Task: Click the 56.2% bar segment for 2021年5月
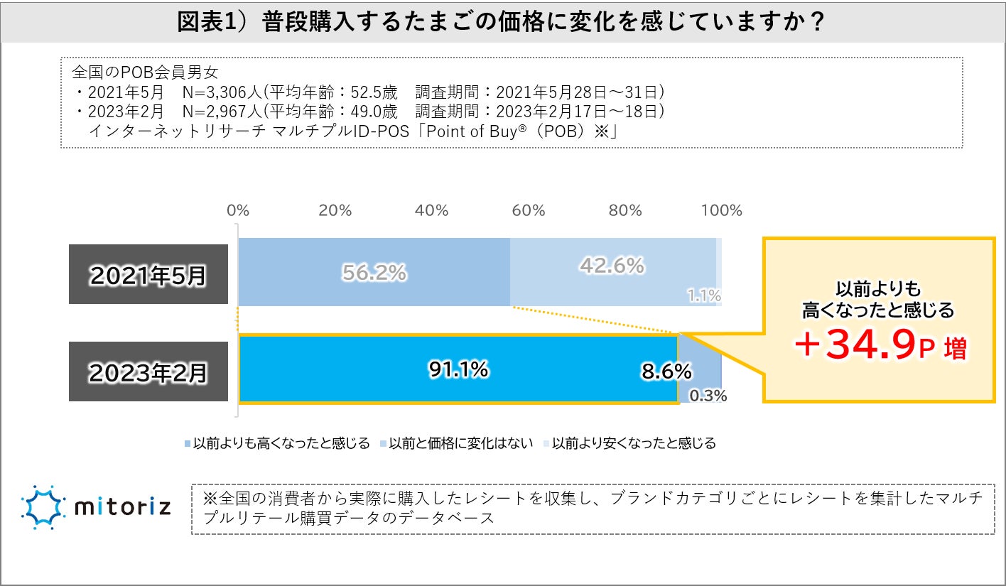coord(374,272)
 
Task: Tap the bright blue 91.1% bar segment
coord(458,369)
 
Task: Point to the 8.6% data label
coord(666,370)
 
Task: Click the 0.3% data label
coord(708,396)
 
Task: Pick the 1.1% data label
coord(704,295)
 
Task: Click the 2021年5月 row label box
coord(148,274)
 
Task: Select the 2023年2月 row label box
coord(148,371)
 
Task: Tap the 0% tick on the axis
coord(237,211)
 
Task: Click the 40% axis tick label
coord(431,211)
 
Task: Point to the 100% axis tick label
coord(722,211)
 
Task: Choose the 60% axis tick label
coord(529,211)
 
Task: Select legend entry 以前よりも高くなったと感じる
coord(277,443)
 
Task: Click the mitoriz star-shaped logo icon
coord(44,507)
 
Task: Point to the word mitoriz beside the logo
coord(122,508)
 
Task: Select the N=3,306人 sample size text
coord(220,92)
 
